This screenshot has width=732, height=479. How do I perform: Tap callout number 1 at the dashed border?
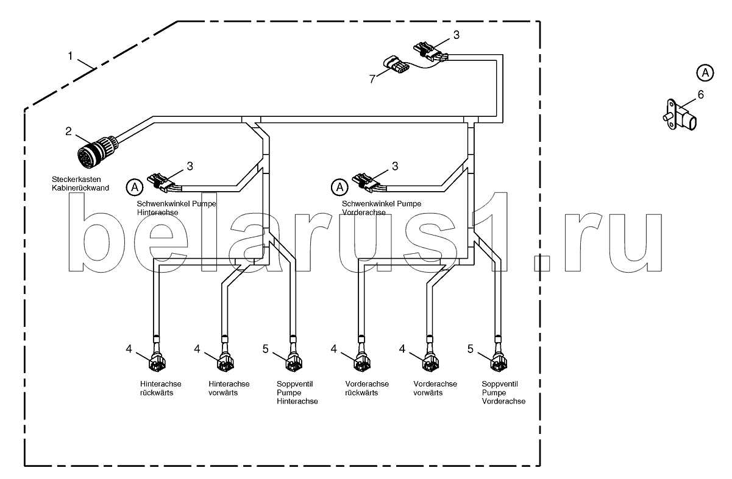[71, 56]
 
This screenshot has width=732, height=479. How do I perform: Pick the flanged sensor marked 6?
[679, 115]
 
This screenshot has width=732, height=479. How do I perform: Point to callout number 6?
[700, 94]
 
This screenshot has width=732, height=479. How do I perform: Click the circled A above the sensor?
[705, 72]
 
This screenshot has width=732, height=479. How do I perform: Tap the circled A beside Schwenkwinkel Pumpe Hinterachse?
[134, 186]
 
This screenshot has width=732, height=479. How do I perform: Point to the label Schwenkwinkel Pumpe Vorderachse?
[381, 208]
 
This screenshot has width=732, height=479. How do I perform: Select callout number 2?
[69, 131]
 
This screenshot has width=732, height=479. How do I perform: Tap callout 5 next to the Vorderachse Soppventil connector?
[470, 349]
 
